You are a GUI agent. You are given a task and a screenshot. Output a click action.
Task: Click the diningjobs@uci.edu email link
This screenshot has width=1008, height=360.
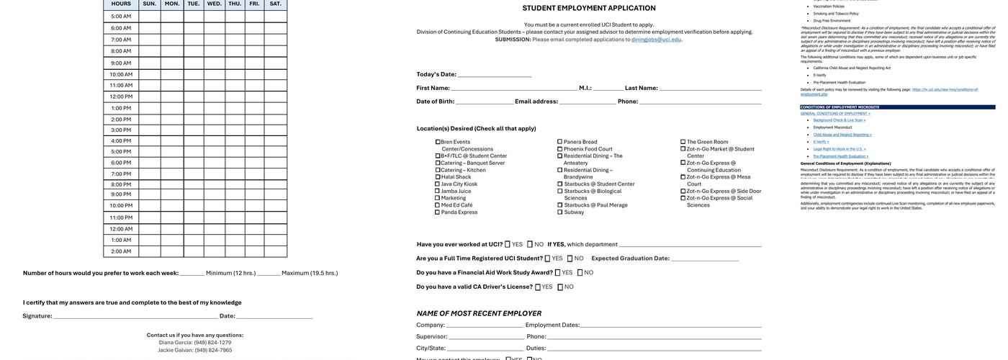(656, 40)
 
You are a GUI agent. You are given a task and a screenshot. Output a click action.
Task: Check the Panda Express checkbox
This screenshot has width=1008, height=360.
(437, 212)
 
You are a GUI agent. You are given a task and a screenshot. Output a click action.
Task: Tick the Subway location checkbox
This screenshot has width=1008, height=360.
(560, 212)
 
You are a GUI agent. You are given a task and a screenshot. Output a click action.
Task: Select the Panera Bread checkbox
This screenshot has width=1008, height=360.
(560, 142)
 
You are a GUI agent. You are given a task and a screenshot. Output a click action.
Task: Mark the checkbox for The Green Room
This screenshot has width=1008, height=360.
(683, 142)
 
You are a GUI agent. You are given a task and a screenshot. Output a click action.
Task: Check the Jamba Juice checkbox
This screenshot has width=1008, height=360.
(437, 191)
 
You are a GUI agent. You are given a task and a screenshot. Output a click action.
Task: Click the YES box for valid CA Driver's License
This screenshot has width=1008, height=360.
(538, 287)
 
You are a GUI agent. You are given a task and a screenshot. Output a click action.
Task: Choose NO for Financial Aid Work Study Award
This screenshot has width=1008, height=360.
(580, 273)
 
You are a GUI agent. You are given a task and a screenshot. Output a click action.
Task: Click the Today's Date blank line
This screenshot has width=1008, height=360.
(495, 75)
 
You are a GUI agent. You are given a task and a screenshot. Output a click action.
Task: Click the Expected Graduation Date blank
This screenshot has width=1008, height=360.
(705, 259)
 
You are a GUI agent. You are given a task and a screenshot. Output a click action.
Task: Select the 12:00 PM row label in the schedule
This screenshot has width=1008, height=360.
(121, 96)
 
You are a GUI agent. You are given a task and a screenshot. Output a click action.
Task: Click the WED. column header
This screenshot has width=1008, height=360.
(215, 4)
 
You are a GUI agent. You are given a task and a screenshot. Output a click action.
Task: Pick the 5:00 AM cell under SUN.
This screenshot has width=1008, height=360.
(150, 16)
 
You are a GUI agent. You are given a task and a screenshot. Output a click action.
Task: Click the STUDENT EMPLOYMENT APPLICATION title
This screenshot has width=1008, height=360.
(589, 8)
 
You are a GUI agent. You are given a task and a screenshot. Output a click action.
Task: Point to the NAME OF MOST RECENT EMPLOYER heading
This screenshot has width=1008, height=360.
(479, 313)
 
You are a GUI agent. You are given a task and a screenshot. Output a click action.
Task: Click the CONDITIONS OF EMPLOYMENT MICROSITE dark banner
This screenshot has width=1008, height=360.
(897, 107)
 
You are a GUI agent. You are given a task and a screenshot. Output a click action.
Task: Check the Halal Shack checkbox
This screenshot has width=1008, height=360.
(437, 177)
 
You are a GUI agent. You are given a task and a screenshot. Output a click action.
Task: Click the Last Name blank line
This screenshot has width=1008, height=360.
(710, 89)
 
